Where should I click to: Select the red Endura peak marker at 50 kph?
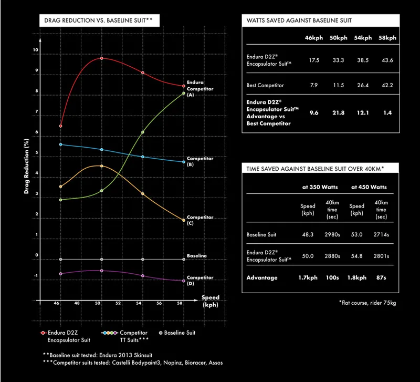click(x=101, y=58)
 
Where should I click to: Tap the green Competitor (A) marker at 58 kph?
click(x=183, y=94)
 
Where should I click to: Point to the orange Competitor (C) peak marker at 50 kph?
click(x=101, y=166)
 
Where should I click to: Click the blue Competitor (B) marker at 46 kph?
click(x=61, y=144)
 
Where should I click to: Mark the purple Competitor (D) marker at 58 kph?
click(x=183, y=281)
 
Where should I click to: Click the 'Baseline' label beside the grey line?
click(x=197, y=256)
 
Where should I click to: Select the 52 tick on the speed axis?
click(x=118, y=304)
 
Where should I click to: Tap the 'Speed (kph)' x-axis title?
click(x=210, y=301)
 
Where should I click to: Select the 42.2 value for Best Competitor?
click(x=387, y=85)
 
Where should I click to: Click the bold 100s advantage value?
click(x=332, y=277)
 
